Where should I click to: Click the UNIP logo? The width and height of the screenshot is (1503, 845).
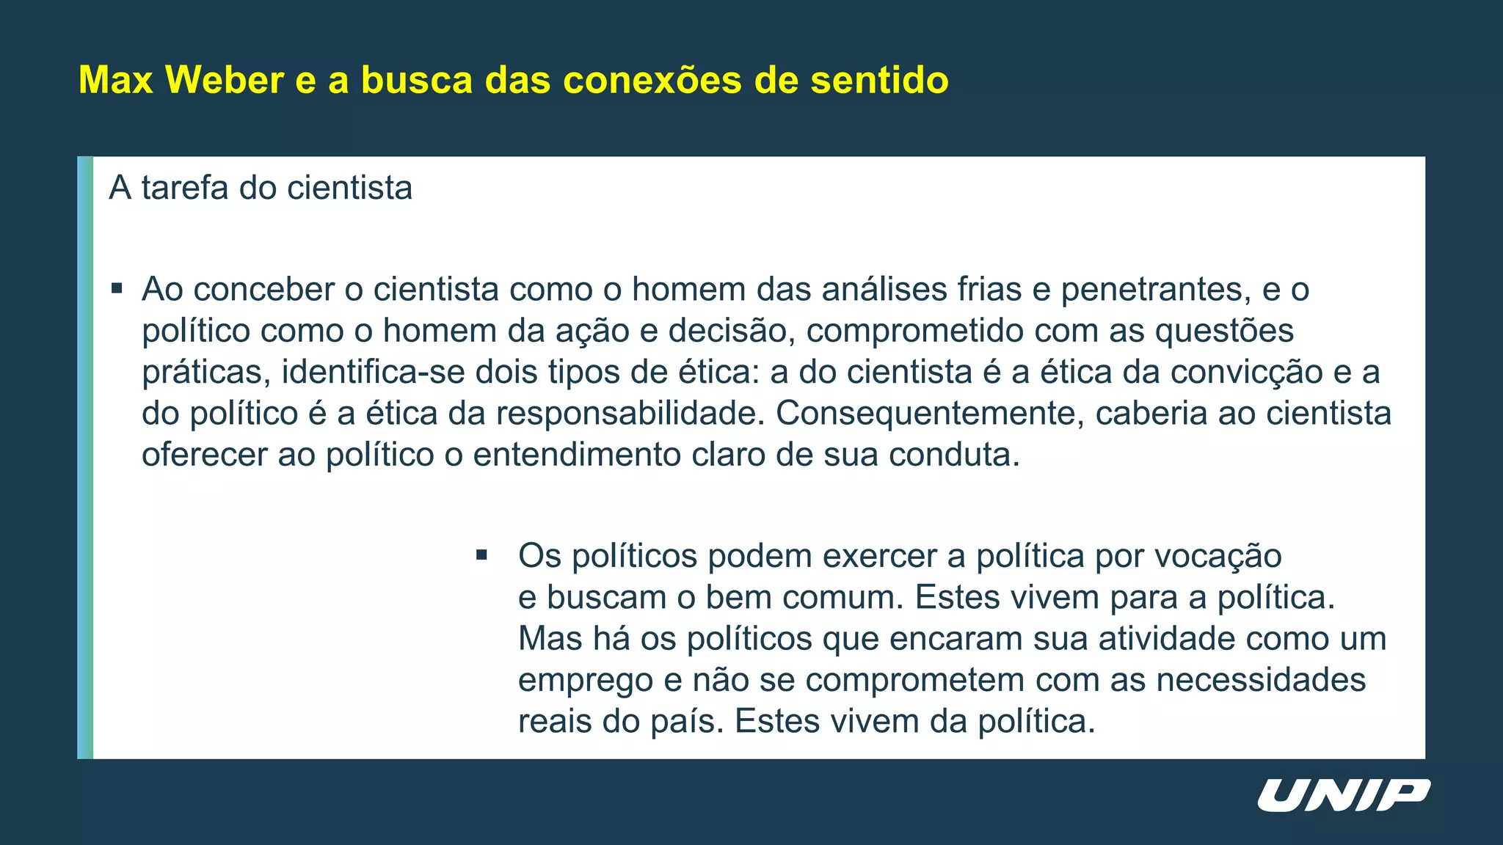tap(1343, 796)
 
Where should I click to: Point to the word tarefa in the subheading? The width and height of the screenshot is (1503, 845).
tap(185, 188)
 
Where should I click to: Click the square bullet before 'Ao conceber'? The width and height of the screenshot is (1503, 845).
tap(117, 288)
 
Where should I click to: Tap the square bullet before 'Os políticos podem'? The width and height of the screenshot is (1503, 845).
tap(481, 555)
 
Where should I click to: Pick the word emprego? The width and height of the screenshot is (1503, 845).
tap(585, 680)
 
